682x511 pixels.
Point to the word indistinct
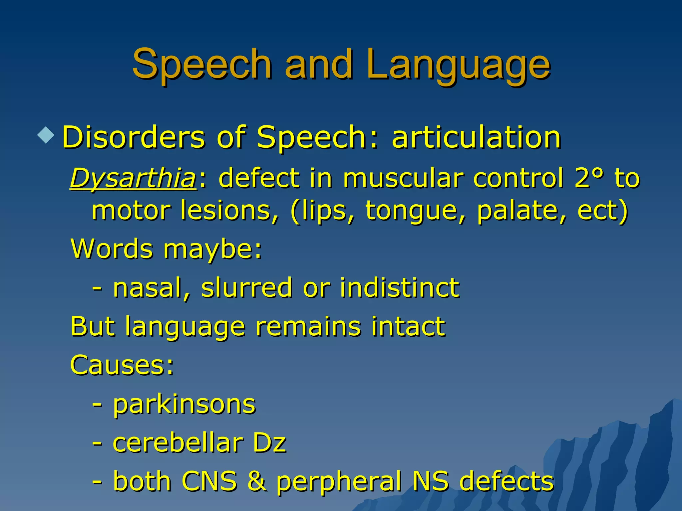pyautogui.click(x=400, y=287)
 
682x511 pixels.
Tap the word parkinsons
pyautogui.click(x=184, y=404)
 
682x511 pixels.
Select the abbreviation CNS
pyautogui.click(x=210, y=481)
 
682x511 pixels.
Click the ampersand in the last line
pyautogui.click(x=257, y=481)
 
